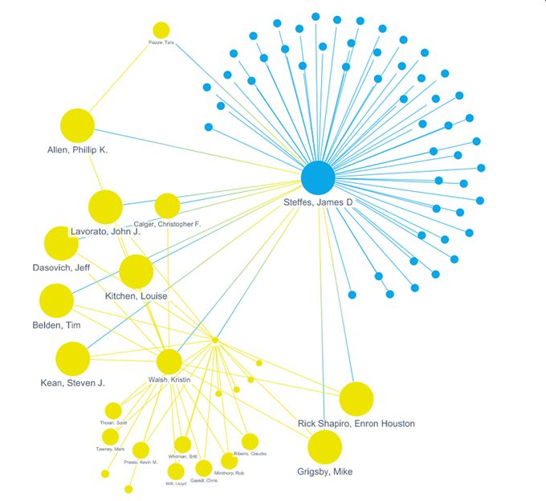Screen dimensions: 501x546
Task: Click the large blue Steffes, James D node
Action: tap(318, 178)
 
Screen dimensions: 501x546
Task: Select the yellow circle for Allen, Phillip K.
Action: tap(77, 125)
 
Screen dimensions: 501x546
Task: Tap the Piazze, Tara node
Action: tap(161, 30)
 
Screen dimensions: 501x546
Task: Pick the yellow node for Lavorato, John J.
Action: tap(105, 207)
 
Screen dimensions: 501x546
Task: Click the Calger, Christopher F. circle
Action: tap(167, 206)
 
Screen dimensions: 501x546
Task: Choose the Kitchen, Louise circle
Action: tap(136, 271)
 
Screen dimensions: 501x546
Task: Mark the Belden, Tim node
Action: tap(56, 300)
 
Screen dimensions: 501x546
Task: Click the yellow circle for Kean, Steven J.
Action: tap(73, 358)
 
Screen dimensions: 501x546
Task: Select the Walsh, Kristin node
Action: tap(169, 361)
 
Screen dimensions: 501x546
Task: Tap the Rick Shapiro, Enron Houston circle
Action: tap(357, 398)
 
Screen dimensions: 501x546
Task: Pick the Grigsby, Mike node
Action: tap(324, 446)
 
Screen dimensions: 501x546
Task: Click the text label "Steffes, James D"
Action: tap(318, 202)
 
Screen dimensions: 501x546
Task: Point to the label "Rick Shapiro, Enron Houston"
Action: tap(356, 423)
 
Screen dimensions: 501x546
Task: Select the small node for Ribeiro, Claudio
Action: tap(250, 442)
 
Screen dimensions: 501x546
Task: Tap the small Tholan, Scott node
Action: tap(113, 410)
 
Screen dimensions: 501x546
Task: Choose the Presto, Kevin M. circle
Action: tap(141, 450)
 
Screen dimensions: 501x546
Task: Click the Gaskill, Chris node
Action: tap(204, 468)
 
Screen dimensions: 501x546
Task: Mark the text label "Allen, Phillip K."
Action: tap(77, 150)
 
